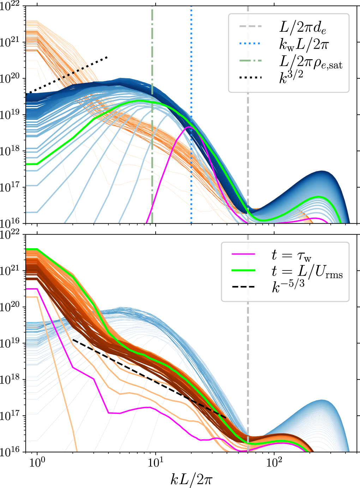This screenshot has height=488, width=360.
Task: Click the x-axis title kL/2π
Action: point(191,479)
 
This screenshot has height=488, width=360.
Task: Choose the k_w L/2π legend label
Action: point(304,44)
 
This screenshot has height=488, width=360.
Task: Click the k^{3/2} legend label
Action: point(291,77)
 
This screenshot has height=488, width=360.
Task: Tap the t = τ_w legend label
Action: point(291,255)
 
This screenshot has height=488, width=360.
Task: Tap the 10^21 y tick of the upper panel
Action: point(10,42)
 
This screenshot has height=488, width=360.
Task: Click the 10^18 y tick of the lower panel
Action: point(10,380)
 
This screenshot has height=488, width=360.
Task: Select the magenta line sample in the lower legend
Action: point(243,254)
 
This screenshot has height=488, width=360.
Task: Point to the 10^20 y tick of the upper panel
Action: point(10,79)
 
